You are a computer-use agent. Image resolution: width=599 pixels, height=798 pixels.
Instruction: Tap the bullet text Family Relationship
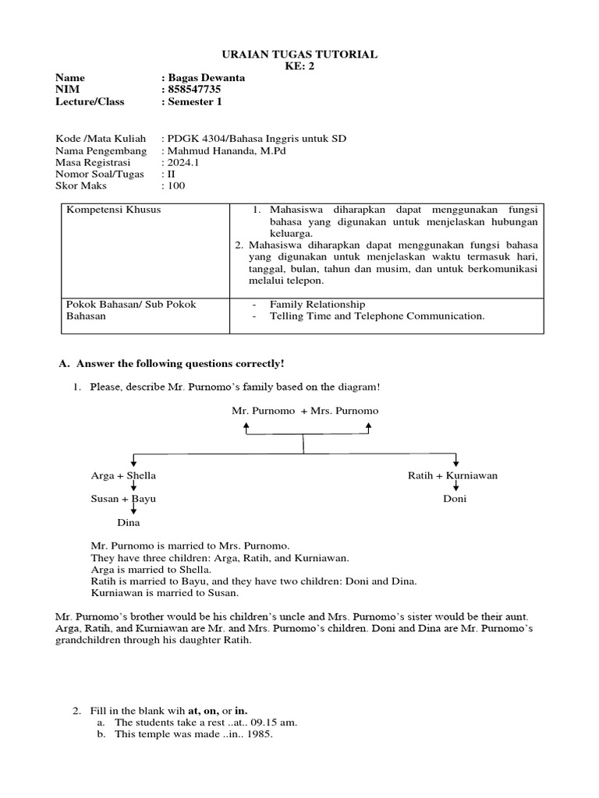[x=317, y=304]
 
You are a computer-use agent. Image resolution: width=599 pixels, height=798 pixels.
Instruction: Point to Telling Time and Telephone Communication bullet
[x=377, y=316]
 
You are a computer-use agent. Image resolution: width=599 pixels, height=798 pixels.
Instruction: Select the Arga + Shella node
[x=123, y=475]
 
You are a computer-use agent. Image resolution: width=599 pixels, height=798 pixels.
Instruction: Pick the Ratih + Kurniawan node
[x=452, y=475]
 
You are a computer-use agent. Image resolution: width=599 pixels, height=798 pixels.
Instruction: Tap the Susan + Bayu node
[x=123, y=498]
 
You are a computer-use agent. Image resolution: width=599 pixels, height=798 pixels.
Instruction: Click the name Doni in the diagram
[x=454, y=499]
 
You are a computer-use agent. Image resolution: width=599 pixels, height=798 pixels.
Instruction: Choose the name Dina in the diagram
[x=128, y=522]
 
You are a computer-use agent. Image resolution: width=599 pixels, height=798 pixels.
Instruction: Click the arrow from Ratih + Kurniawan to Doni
[x=455, y=487]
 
